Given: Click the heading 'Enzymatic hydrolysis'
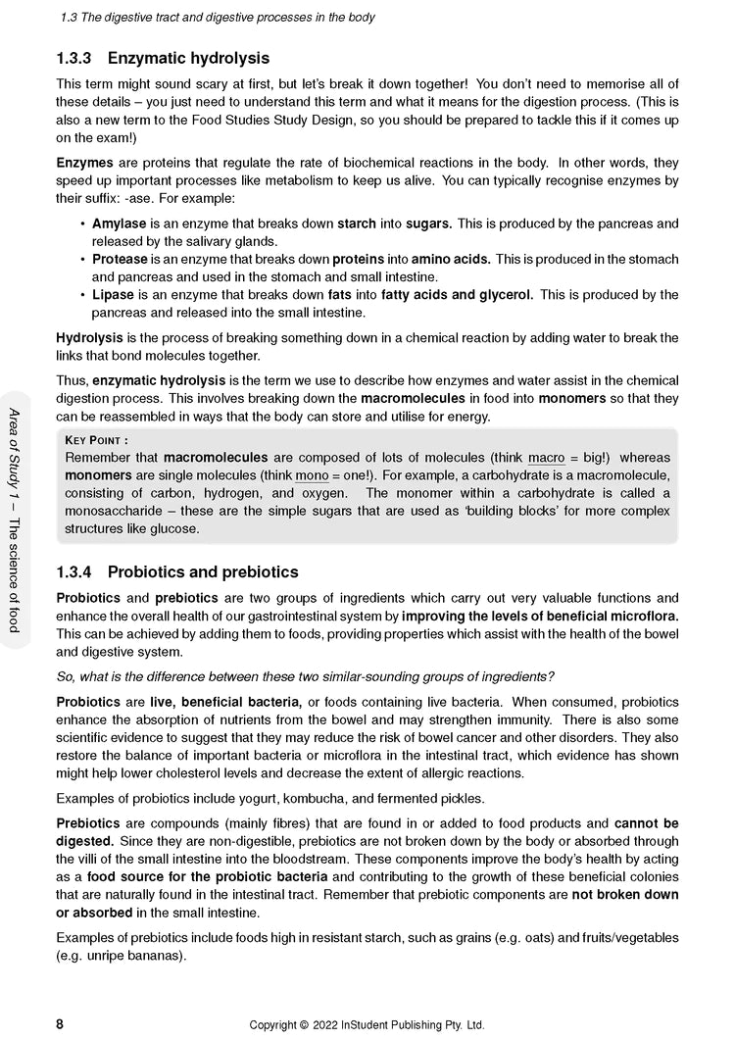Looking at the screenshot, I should [x=188, y=59].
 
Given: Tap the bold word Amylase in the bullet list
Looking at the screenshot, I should [x=119, y=223].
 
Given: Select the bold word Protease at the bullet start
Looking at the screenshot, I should [x=120, y=259].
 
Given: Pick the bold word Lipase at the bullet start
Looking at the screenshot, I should [x=113, y=294].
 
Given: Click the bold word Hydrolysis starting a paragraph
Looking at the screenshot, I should [x=89, y=338].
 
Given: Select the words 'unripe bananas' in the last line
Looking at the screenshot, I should [x=137, y=956].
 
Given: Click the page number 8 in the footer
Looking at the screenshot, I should [x=61, y=1024].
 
